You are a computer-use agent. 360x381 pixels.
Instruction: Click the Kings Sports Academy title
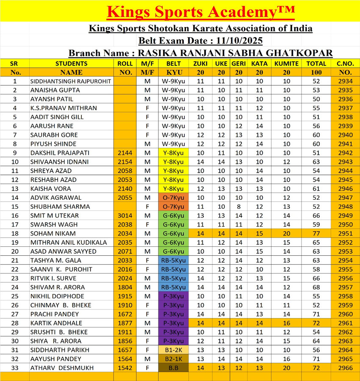[200, 11]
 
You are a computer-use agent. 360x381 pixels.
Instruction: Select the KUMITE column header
[286, 63]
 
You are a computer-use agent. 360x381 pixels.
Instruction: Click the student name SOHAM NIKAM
[53, 233]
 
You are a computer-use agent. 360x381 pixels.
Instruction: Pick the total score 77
[316, 233]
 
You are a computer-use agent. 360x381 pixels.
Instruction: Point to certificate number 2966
[346, 368]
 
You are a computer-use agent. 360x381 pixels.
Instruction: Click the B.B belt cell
[174, 368]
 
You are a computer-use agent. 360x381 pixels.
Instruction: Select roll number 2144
[125, 153]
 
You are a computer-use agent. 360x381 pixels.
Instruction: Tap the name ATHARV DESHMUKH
[62, 368]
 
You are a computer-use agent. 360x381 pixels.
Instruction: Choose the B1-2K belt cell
[174, 350]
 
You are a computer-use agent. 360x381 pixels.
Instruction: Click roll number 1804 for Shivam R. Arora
[125, 287]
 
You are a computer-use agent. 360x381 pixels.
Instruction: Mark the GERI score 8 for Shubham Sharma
[238, 207]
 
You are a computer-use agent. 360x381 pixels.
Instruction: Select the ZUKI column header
[200, 63]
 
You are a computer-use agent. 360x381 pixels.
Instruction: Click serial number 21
[15, 260]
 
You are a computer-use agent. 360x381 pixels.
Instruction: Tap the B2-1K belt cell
[174, 359]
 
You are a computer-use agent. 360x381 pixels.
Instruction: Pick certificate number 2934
[346, 81]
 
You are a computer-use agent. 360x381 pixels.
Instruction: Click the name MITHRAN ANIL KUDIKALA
[69, 243]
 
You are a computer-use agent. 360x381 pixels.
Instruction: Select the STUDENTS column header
[71, 63]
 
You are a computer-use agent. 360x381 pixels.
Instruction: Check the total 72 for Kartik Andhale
[316, 323]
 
